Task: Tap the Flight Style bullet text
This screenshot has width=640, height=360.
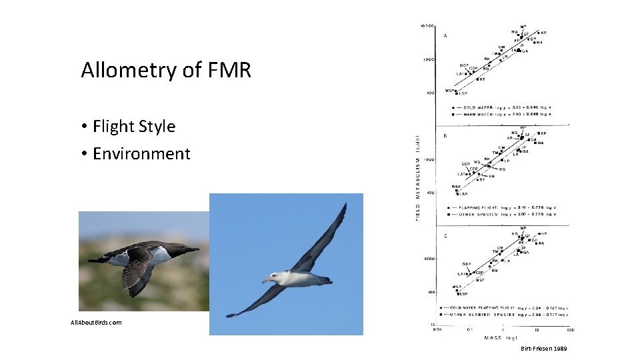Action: tap(134, 126)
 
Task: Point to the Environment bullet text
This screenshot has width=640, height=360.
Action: tap(141, 153)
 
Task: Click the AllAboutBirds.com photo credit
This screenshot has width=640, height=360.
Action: tap(97, 322)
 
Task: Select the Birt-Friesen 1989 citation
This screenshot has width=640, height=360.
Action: tap(544, 349)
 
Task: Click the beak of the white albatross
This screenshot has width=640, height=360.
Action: tap(267, 280)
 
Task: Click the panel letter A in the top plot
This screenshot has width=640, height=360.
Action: tap(445, 35)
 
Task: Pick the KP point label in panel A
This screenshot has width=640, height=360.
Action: tap(544, 33)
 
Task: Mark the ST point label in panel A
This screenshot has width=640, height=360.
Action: tap(482, 79)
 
